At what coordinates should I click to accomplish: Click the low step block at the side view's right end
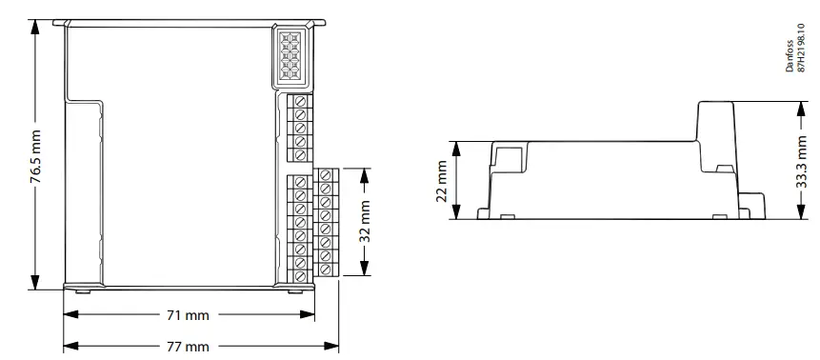(x=754, y=204)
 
